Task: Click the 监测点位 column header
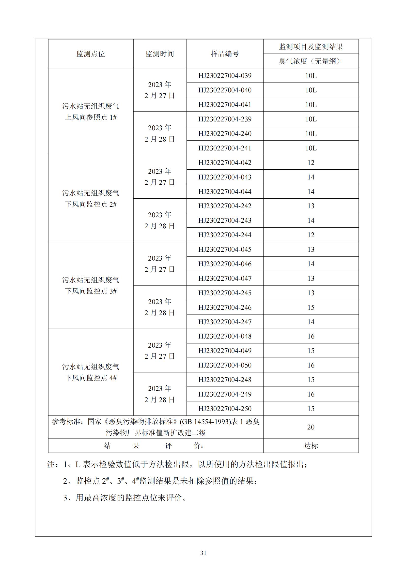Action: pyautogui.click(x=91, y=54)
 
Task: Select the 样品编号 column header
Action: pyautogui.click(x=225, y=54)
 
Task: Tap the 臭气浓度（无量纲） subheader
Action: pyautogui.click(x=311, y=61)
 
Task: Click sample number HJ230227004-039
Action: pyautogui.click(x=225, y=76)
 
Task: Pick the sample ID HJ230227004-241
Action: pyautogui.click(x=225, y=148)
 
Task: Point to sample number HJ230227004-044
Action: pyautogui.click(x=225, y=192)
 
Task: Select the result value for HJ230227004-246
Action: pyautogui.click(x=311, y=307)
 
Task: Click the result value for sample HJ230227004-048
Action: pyautogui.click(x=311, y=336)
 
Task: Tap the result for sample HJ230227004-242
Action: pyautogui.click(x=311, y=206)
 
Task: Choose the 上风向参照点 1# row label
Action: pyautogui.click(x=91, y=117)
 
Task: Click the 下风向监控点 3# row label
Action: pyautogui.click(x=91, y=291)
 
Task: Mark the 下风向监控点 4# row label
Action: pyautogui.click(x=91, y=378)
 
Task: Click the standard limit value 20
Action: pyautogui.click(x=311, y=427)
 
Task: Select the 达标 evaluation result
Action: pyautogui.click(x=311, y=445)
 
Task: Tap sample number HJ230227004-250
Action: pyautogui.click(x=225, y=409)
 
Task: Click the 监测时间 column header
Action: pyautogui.click(x=160, y=54)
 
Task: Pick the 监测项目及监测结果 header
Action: pyautogui.click(x=311, y=46)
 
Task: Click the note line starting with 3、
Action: pyautogui.click(x=125, y=498)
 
